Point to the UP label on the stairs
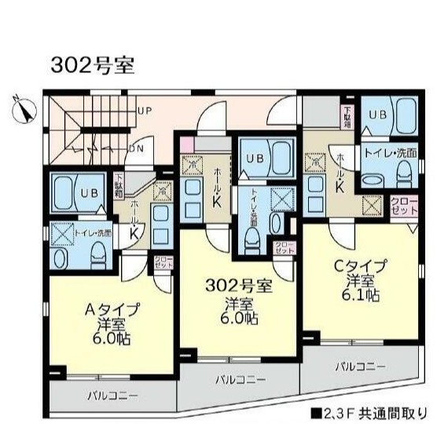(x=145, y=111)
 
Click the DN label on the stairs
(x=134, y=147)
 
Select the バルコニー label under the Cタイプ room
(x=361, y=366)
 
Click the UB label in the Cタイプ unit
(x=378, y=115)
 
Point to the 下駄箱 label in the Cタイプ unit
(x=347, y=117)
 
